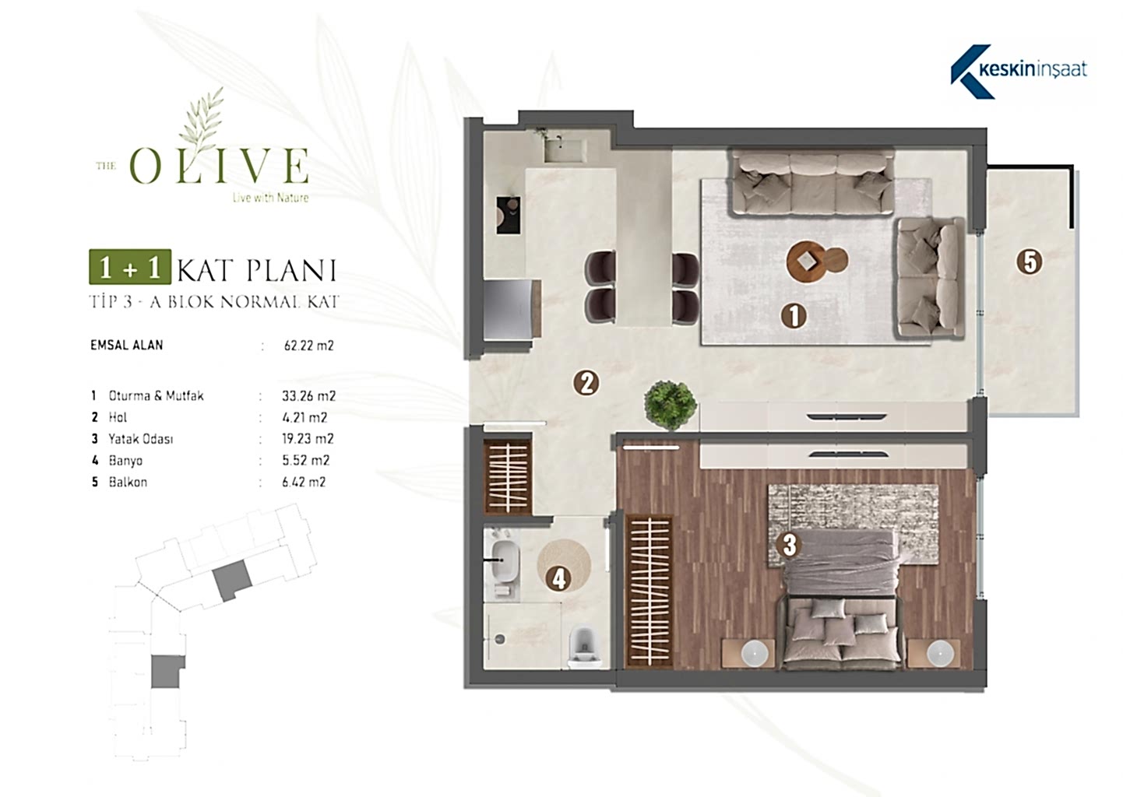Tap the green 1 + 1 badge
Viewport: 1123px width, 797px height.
130,266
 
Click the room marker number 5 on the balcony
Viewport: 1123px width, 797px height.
1030,262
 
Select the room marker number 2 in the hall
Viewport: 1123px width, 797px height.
586,383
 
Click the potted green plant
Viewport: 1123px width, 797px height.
671,404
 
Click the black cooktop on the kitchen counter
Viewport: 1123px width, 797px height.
509,215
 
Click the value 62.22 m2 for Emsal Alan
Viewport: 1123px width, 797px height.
308,346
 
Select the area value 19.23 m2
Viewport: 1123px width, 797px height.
308,439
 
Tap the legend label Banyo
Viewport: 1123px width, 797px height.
125,461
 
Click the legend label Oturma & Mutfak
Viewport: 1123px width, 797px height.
156,396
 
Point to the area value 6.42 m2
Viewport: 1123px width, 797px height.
304,482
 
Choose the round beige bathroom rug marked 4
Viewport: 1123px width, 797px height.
564,565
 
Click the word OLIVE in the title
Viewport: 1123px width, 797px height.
219,165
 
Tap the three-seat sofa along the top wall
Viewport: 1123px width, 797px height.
813,184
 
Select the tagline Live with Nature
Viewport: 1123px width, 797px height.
271,198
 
